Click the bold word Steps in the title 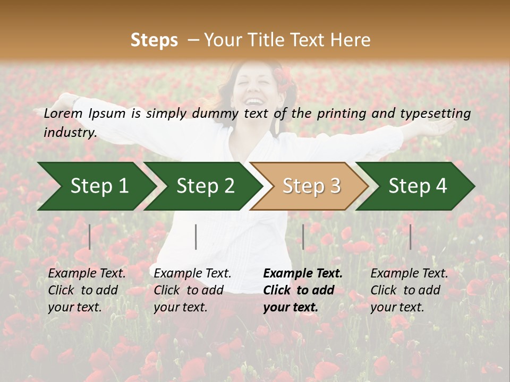point(154,40)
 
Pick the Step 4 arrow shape point(418,186)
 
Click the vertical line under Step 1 point(90,237)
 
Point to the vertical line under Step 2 point(196,237)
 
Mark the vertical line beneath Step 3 point(303,237)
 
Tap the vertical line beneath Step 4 point(410,237)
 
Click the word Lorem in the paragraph point(63,114)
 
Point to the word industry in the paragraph point(70,133)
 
